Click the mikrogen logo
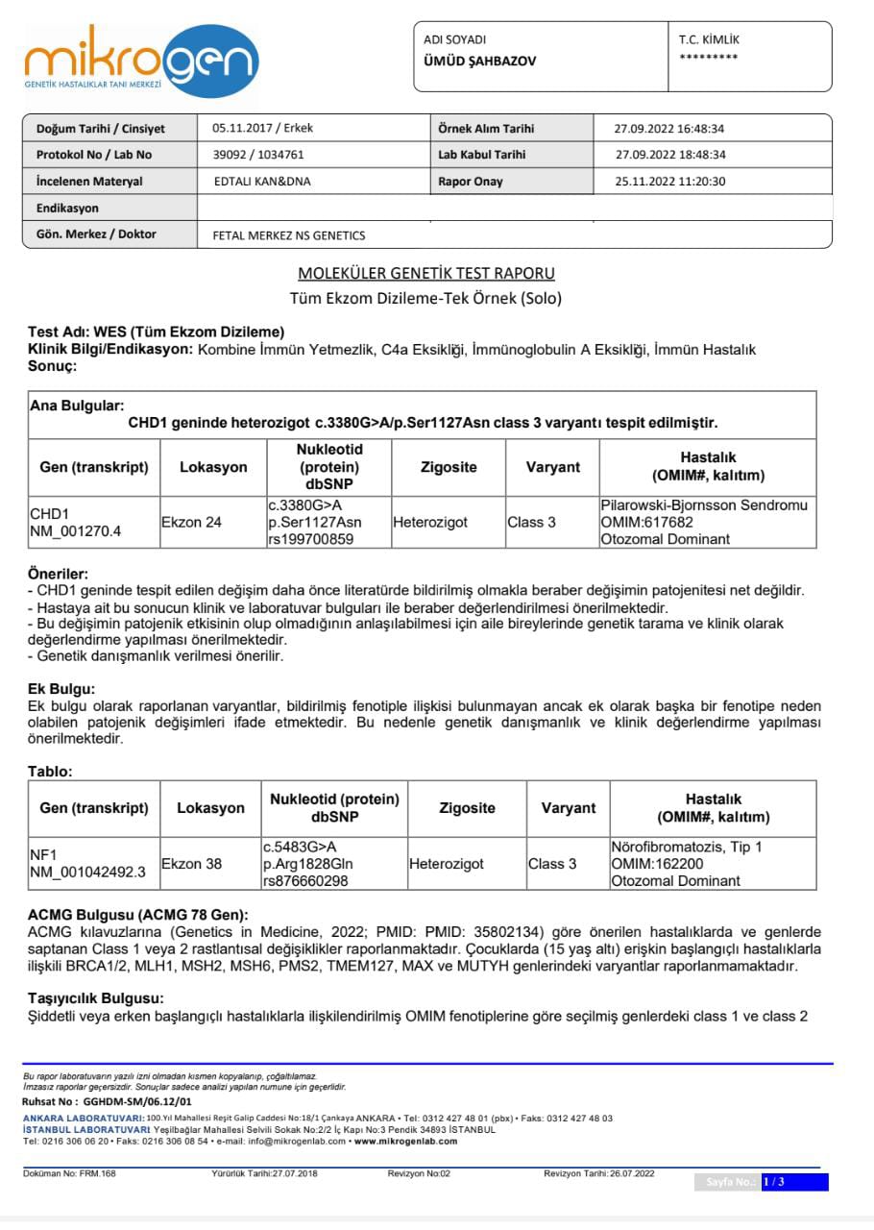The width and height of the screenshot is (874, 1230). (141, 61)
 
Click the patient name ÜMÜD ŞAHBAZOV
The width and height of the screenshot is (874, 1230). (480, 61)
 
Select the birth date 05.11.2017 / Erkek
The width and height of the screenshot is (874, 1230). (262, 128)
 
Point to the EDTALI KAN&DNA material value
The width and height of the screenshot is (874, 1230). (262, 182)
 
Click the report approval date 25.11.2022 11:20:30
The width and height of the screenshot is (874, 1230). (669, 182)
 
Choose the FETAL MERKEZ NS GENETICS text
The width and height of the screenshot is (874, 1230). (289, 235)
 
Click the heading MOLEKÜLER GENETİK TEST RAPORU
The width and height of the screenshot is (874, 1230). (426, 274)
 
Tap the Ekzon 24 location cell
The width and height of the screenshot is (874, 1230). (191, 522)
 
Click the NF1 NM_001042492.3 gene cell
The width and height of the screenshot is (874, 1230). (87, 864)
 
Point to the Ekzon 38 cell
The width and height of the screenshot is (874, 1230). (191, 864)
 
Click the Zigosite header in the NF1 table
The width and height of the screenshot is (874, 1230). (467, 808)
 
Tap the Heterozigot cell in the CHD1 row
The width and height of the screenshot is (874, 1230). (429, 522)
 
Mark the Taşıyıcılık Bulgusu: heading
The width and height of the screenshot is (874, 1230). (95, 998)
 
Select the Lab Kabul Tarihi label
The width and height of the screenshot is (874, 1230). (481, 155)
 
